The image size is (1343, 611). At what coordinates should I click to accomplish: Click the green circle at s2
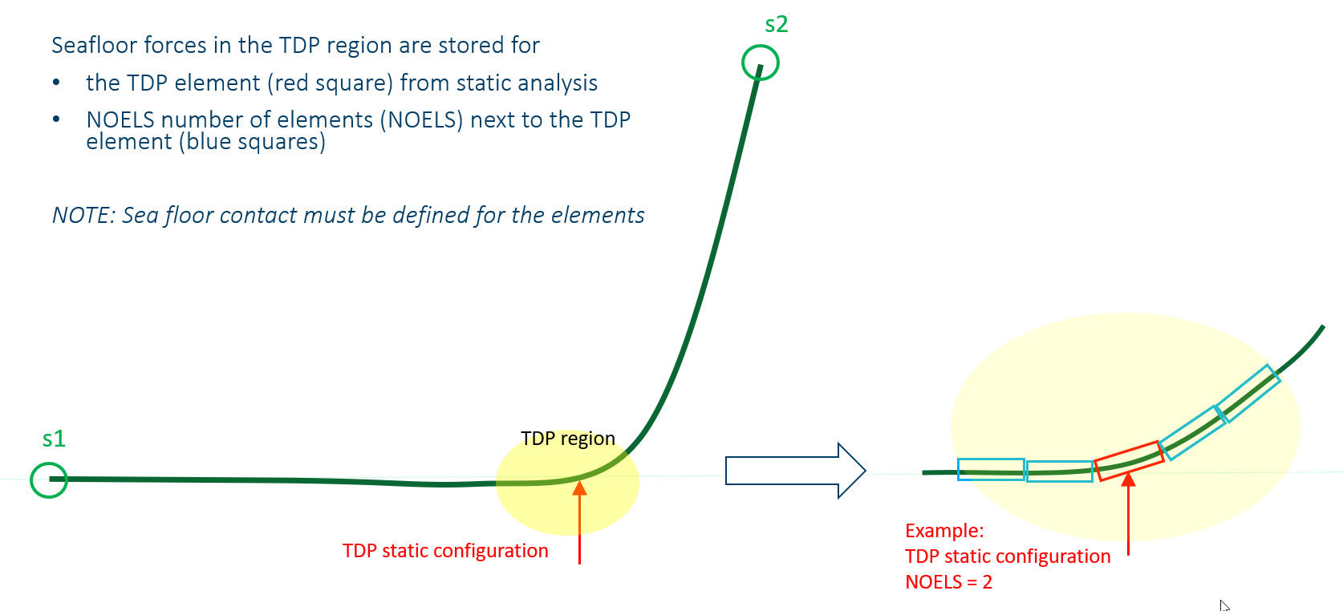760,63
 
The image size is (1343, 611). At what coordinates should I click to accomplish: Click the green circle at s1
49,479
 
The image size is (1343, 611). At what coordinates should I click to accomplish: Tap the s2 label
776,25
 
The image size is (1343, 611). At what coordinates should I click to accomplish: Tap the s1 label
54,439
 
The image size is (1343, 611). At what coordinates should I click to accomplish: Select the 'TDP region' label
567,439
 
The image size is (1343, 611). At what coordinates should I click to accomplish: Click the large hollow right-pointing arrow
794,471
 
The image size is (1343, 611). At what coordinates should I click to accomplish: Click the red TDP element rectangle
1129,461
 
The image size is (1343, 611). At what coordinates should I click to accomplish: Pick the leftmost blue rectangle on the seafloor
991,469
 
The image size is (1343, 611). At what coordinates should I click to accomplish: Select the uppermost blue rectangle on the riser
1247,393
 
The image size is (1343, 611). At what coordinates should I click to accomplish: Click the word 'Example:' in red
944,531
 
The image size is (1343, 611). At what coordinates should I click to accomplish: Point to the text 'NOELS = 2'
948,582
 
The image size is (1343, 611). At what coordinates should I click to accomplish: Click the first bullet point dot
56,83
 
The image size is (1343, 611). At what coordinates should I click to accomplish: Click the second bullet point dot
56,119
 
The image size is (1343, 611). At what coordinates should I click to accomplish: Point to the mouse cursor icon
1223,605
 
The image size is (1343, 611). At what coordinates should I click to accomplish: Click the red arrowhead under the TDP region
579,488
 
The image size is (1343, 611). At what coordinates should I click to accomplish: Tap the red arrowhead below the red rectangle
1128,479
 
